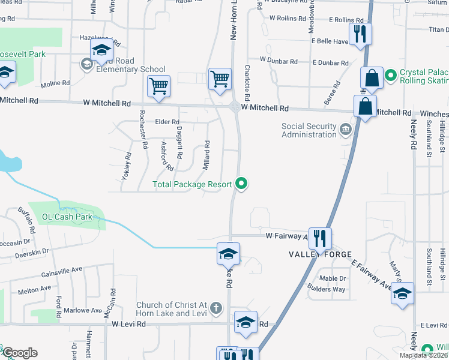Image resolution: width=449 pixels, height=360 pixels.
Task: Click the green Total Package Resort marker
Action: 242,184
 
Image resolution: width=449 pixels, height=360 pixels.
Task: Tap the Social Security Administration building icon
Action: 345,129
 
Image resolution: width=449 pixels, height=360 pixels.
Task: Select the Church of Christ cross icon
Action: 216,309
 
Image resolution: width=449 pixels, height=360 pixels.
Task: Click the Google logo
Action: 19,353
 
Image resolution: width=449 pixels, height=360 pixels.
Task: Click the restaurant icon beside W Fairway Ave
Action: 319,239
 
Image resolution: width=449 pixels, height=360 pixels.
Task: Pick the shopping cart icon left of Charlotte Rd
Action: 220,78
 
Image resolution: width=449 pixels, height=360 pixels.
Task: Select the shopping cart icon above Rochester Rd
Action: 158,86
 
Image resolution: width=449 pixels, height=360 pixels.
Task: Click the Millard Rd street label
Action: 206,155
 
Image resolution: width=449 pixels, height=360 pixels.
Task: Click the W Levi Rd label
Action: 128,324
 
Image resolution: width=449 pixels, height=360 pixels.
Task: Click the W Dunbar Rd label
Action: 279,61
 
